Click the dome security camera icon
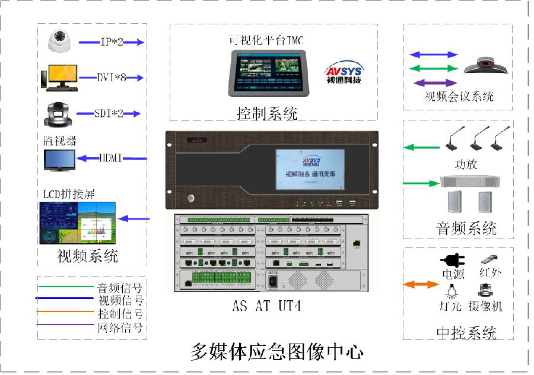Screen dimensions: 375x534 pyautogui.click(x=60, y=41)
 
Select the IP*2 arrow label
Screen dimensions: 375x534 pyautogui.click(x=111, y=42)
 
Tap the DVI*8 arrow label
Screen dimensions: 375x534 pyautogui.click(x=112, y=78)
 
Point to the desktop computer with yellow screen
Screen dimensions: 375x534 pyautogui.click(x=59, y=78)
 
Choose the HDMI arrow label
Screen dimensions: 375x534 pyautogui.click(x=110, y=158)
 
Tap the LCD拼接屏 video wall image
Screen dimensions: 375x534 pyautogui.click(x=78, y=223)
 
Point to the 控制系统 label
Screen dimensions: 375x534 pyautogui.click(x=267, y=113)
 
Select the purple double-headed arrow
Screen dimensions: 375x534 pyautogui.click(x=436, y=82)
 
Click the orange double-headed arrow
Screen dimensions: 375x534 pyautogui.click(x=421, y=285)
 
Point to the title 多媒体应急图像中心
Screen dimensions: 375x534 pyautogui.click(x=277, y=352)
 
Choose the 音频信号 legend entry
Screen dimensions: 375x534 pyautogui.click(x=119, y=288)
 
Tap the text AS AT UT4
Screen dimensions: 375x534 pyautogui.click(x=267, y=307)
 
